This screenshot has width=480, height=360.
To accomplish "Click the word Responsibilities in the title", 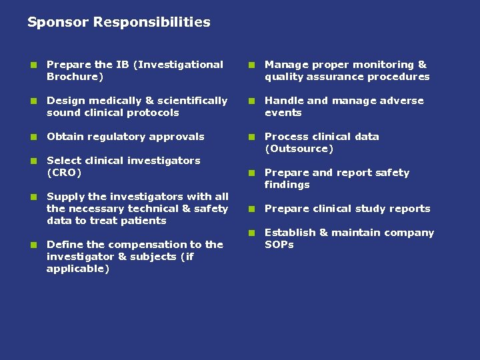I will (151, 23).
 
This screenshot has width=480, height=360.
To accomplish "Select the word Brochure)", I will (75, 77).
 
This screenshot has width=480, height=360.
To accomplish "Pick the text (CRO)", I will (64, 173).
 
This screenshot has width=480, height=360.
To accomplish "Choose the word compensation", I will (139, 245).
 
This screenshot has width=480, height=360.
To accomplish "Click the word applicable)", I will (78, 269).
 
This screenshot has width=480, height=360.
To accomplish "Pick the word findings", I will (287, 185).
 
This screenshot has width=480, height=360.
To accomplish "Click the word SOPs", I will (279, 245).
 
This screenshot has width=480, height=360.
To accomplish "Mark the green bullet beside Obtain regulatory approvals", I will (32, 137).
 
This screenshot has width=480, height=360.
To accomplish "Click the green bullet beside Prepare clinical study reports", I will (250, 209).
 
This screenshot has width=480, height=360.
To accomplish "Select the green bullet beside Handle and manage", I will (250, 101).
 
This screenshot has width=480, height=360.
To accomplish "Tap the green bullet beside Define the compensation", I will (32, 245).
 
